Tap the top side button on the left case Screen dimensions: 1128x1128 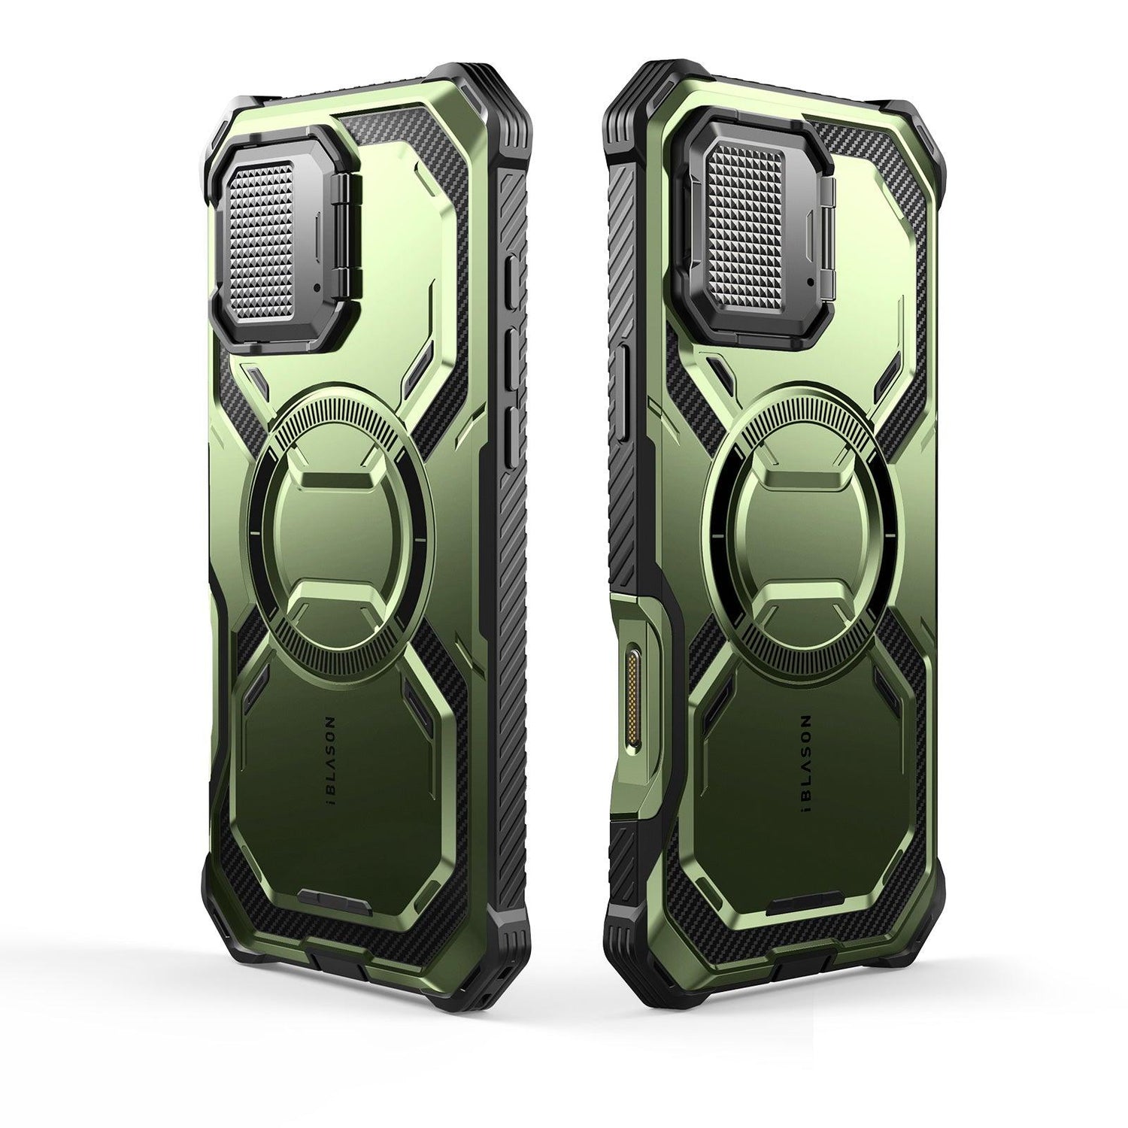click(513, 282)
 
